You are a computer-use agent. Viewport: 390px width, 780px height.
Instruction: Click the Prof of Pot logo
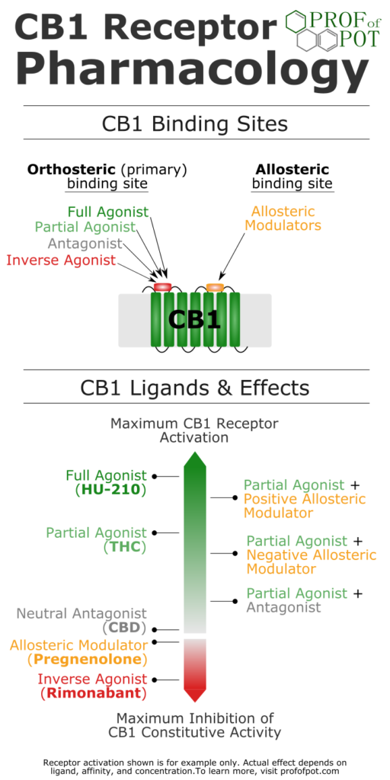pos(331,30)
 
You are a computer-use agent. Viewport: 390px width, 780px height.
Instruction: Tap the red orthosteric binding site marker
pos(162,287)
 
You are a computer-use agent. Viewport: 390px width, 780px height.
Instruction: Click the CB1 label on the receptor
pos(194,319)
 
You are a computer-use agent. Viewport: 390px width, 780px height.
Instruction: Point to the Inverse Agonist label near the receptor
pos(61,260)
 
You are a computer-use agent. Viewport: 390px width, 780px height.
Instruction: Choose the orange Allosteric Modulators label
pos(283,218)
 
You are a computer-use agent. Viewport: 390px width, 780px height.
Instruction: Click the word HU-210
pos(111,490)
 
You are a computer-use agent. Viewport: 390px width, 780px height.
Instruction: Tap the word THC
pos(124,547)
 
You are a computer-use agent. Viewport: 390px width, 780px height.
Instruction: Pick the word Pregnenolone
pos(87,660)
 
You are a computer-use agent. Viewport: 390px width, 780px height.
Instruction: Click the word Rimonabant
pos(93,693)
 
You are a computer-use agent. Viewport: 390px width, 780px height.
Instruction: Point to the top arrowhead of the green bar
pos(194,459)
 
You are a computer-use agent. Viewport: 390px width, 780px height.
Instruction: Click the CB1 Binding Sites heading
pos(195,123)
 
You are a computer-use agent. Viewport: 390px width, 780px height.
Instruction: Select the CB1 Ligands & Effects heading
pos(195,388)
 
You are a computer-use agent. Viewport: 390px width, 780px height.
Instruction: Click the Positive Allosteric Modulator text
pos(305,506)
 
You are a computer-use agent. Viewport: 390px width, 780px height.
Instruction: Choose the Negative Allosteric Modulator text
pos(312,561)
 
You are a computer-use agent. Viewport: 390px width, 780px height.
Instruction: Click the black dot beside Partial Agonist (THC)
pos(154,532)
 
